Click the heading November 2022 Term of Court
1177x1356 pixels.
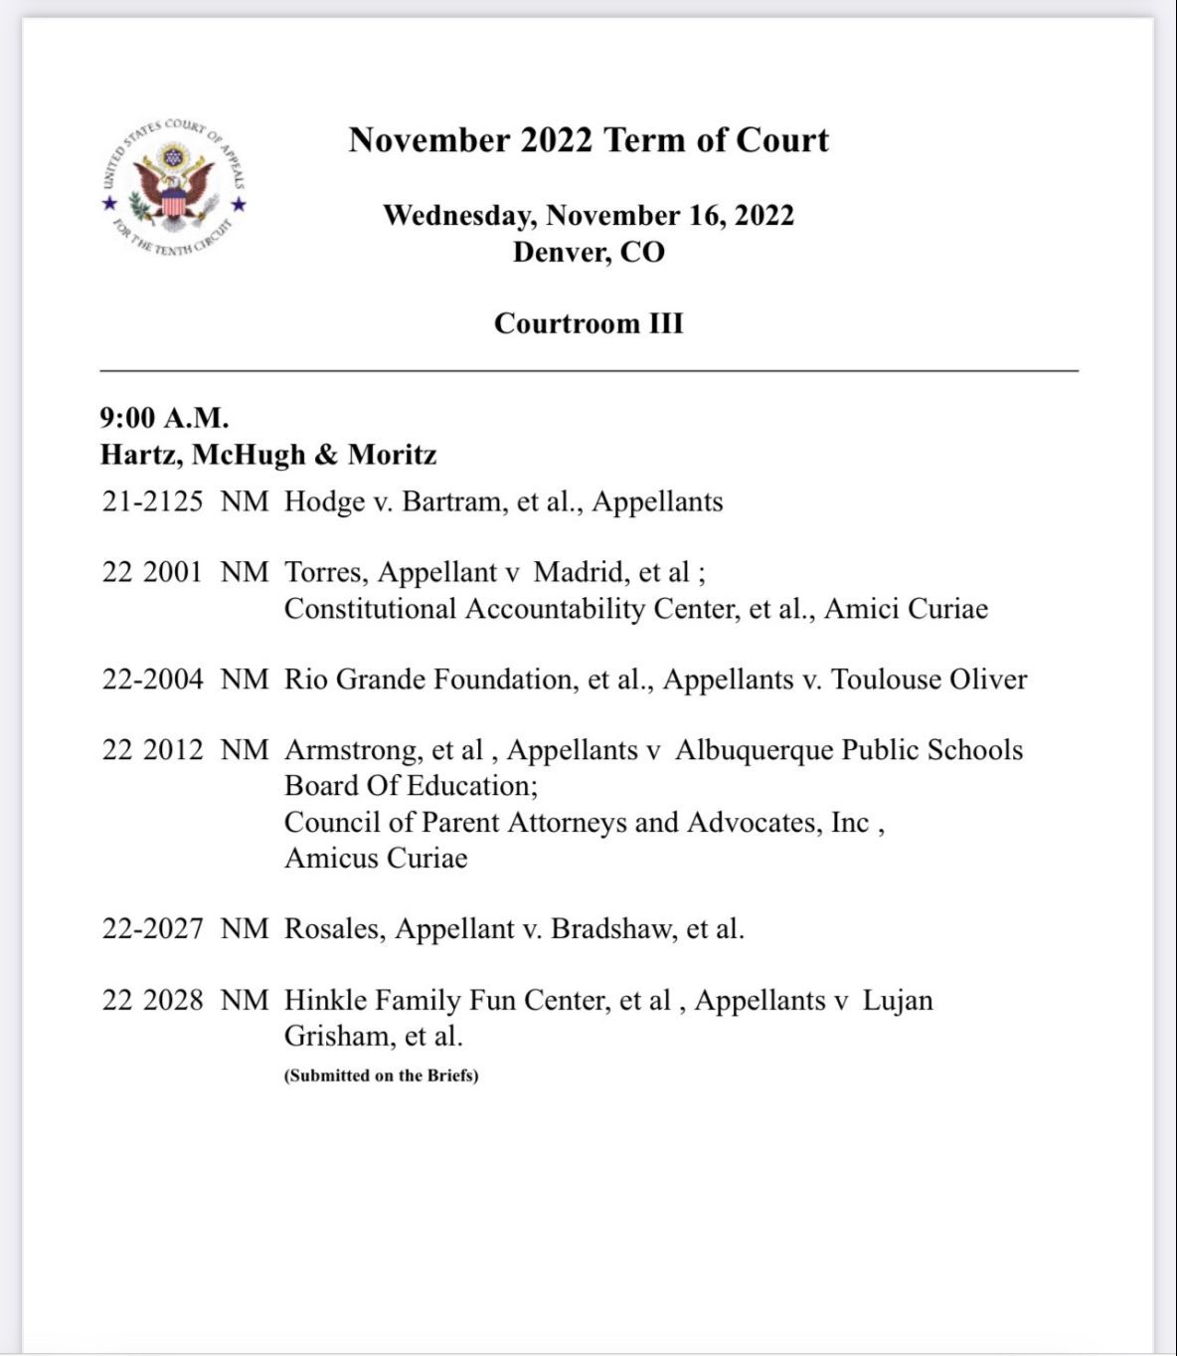pos(588,140)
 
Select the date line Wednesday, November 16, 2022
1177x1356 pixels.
pos(588,215)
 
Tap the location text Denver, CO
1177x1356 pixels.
pos(588,252)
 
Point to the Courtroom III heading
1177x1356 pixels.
pos(588,323)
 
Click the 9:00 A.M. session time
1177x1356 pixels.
pos(164,418)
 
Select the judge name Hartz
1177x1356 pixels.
pos(140,455)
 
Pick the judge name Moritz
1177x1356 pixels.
pos(392,455)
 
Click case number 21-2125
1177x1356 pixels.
pos(152,501)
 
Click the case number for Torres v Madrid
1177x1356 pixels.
pos(152,572)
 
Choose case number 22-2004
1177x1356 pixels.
pos(152,679)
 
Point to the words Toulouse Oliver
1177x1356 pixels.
pos(928,679)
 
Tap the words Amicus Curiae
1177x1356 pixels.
pos(376,859)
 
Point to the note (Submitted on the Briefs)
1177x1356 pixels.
pos(381,1075)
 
